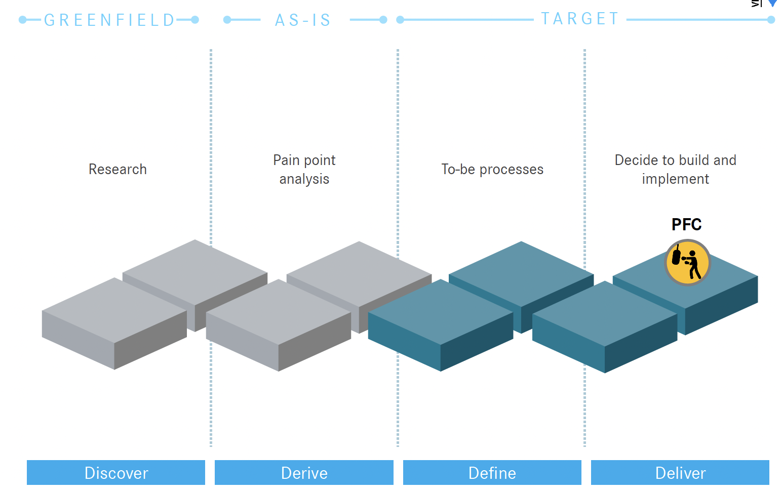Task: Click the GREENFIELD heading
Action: pyautogui.click(x=109, y=20)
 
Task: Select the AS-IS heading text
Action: pyautogui.click(x=303, y=20)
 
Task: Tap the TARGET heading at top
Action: pyautogui.click(x=580, y=19)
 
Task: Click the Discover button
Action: pyautogui.click(x=116, y=473)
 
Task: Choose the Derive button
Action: pyautogui.click(x=304, y=473)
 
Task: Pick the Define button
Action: pyautogui.click(x=492, y=473)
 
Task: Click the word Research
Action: pyautogui.click(x=118, y=169)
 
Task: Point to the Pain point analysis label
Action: pyautogui.click(x=304, y=170)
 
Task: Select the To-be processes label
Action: pyautogui.click(x=492, y=169)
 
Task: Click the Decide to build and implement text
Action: pyautogui.click(x=675, y=170)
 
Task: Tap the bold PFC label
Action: pyautogui.click(x=686, y=224)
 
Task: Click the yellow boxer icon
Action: pyautogui.click(x=687, y=262)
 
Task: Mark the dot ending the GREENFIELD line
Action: pyautogui.click(x=195, y=20)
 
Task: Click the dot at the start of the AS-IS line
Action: pyautogui.click(x=227, y=20)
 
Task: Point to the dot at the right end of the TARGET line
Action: pyautogui.click(x=771, y=20)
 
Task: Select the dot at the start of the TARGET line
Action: pyautogui.click(x=400, y=20)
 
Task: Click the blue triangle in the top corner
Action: pyautogui.click(x=773, y=3)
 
